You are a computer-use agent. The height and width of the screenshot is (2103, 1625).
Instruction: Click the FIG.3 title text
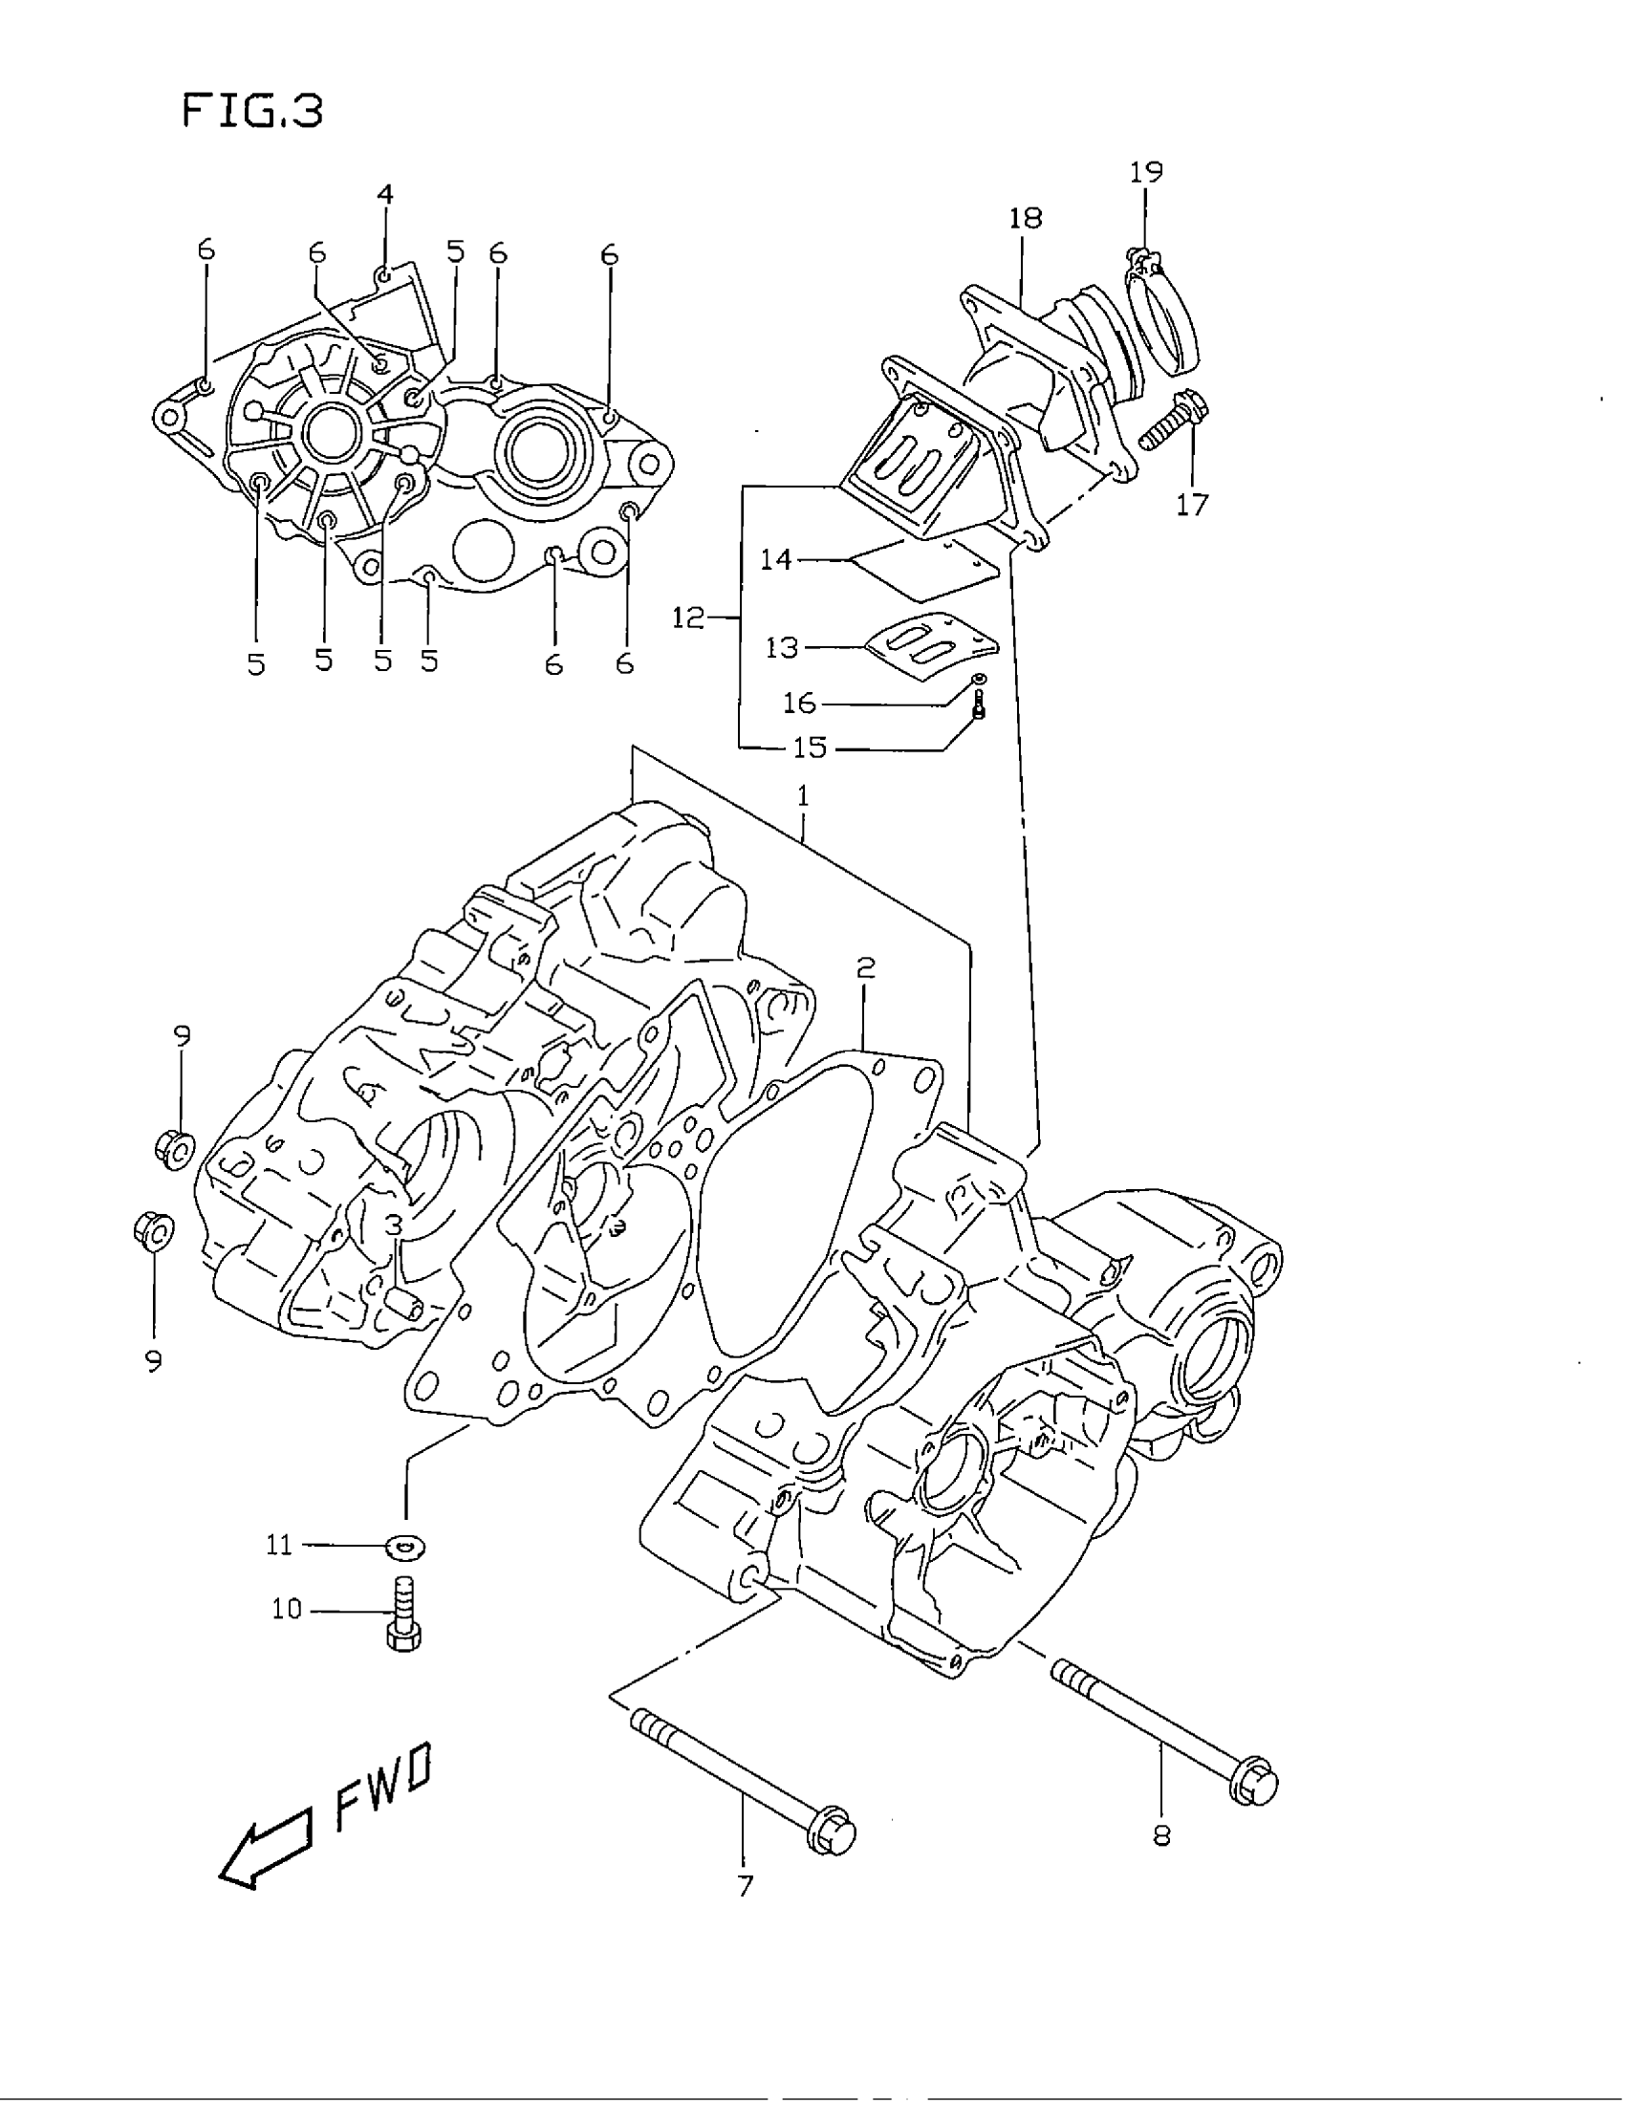pos(252,111)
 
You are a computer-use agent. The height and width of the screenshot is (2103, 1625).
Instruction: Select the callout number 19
pos(1145,172)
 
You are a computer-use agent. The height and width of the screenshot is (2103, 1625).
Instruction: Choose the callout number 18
pos(1026,219)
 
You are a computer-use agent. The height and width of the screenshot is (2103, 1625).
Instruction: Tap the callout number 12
pos(689,618)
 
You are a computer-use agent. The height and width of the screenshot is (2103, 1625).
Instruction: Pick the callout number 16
pos(799,703)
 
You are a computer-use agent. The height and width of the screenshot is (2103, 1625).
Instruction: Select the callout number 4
pos(384,194)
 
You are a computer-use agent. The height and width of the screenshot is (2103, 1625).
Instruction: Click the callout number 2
pos(865,967)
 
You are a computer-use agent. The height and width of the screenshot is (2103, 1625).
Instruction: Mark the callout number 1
pos(803,796)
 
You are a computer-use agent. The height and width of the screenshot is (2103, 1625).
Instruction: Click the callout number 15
pos(811,748)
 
